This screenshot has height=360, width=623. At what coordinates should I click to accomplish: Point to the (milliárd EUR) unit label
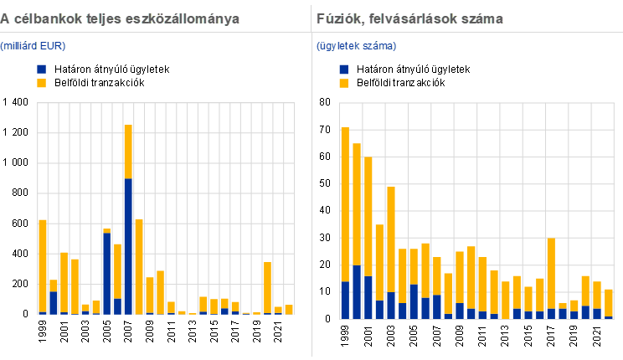tap(33, 45)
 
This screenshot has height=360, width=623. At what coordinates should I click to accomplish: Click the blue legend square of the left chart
tap(42, 69)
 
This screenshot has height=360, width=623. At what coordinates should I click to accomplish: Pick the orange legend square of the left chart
tap(42, 83)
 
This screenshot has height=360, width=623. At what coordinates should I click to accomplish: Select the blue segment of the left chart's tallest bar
tap(128, 246)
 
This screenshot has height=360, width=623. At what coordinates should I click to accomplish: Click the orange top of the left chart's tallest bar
tap(128, 152)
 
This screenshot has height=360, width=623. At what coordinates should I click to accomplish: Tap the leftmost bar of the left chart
tap(43, 266)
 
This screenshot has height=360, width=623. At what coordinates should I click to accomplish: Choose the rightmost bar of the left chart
tap(289, 309)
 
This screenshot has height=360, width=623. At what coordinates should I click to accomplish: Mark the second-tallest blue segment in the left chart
tap(106, 273)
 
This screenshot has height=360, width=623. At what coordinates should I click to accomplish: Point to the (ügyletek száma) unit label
tap(357, 45)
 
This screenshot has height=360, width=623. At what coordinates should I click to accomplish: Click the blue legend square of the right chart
tap(344, 69)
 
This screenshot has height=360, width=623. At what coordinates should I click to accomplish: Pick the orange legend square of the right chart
tap(344, 83)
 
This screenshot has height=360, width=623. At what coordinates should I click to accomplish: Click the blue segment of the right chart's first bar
tap(345, 300)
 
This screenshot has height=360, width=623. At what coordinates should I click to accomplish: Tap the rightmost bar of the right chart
tap(609, 303)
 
